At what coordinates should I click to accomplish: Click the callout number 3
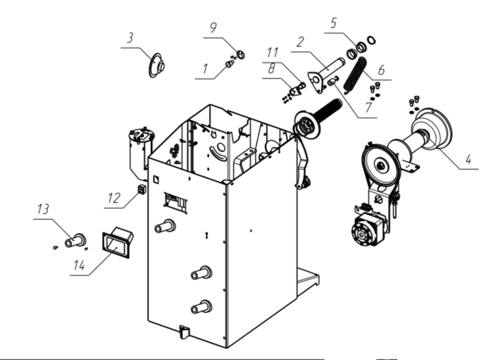click(130, 38)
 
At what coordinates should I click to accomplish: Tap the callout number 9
click(213, 27)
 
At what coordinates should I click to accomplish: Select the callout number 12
click(114, 198)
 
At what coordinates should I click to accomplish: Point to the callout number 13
click(43, 209)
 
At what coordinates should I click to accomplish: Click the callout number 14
click(79, 265)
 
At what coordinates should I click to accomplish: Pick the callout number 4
click(468, 159)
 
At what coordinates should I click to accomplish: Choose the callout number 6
click(381, 70)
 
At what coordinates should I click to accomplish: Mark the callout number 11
click(273, 52)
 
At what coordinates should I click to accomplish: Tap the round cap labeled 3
click(156, 65)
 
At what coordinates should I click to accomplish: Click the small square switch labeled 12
click(141, 189)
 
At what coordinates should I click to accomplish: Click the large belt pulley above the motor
click(381, 165)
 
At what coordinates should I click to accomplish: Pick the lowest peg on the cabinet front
click(201, 307)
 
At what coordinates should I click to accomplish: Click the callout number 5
click(333, 23)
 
